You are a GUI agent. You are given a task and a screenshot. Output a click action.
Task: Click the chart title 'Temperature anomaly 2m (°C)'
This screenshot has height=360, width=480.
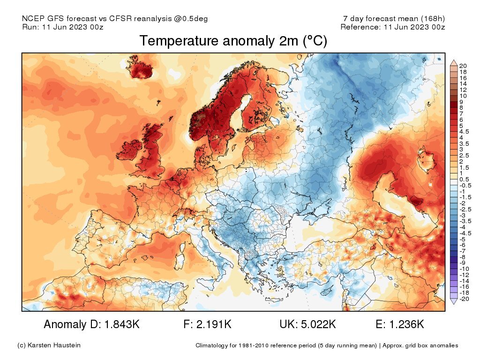point(233,41)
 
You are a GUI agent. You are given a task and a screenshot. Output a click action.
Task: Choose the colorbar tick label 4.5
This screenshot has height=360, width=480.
point(464,132)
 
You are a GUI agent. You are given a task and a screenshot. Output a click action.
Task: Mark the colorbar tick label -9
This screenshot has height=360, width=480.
point(463,262)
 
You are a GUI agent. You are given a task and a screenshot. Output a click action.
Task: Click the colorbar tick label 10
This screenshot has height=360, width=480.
point(463,96)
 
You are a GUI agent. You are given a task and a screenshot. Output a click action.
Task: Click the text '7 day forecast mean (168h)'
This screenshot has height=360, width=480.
point(394,19)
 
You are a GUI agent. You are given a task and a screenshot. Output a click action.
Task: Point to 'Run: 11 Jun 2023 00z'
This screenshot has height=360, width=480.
point(63,27)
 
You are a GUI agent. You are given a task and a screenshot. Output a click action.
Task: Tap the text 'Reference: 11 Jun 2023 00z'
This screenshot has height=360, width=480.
point(392,27)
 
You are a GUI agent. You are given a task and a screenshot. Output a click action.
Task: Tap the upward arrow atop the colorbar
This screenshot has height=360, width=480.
point(454,62)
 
